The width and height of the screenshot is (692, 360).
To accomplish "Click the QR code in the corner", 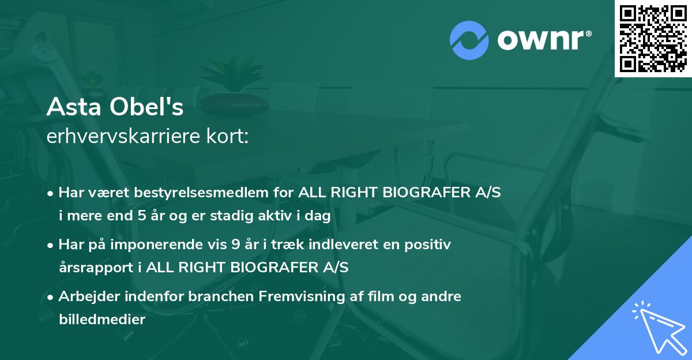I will [653, 38].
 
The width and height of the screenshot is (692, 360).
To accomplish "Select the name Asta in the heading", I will [73, 107].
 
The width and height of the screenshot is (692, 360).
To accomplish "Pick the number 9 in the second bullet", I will [235, 245].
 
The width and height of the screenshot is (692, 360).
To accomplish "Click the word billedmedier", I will [102, 319].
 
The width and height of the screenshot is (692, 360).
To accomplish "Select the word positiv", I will [427, 245].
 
